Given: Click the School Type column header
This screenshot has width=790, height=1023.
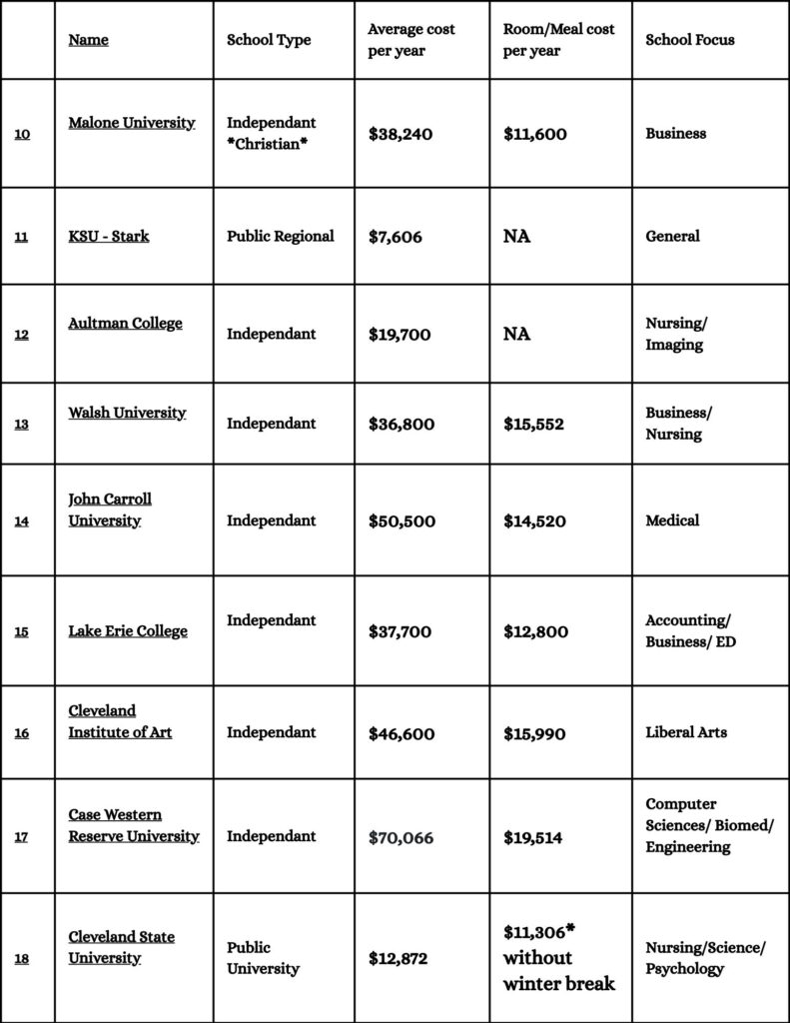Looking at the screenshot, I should [269, 40].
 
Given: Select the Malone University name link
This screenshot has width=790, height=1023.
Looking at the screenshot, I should [131, 123].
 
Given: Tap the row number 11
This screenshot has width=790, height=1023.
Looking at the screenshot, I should [21, 237].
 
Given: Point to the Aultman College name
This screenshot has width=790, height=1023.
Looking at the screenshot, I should [125, 324].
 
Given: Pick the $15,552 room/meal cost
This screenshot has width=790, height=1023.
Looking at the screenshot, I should [533, 424].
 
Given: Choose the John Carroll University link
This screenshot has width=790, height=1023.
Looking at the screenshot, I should [110, 510].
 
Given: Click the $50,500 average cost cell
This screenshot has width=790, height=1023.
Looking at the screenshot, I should [400, 520].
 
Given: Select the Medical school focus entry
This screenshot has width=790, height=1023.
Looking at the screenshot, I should [672, 520].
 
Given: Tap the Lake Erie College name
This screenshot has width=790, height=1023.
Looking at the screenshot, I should [128, 631].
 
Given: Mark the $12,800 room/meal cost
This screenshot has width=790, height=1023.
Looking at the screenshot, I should [534, 631].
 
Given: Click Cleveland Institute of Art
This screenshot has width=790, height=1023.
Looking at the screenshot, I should [120, 721].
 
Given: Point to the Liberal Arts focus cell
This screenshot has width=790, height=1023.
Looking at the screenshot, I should [686, 732].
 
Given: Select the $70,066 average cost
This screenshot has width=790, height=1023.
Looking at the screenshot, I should [400, 837].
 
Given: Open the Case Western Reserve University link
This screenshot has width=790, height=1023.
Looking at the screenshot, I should [133, 825].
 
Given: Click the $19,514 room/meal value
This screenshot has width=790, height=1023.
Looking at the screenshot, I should [532, 837].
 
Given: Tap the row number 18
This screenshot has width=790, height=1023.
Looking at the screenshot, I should [21, 959].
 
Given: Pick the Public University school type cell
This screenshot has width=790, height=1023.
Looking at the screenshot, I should [263, 957].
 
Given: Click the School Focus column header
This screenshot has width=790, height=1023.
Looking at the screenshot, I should [689, 40].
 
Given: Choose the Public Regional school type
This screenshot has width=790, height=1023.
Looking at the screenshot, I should [280, 237].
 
